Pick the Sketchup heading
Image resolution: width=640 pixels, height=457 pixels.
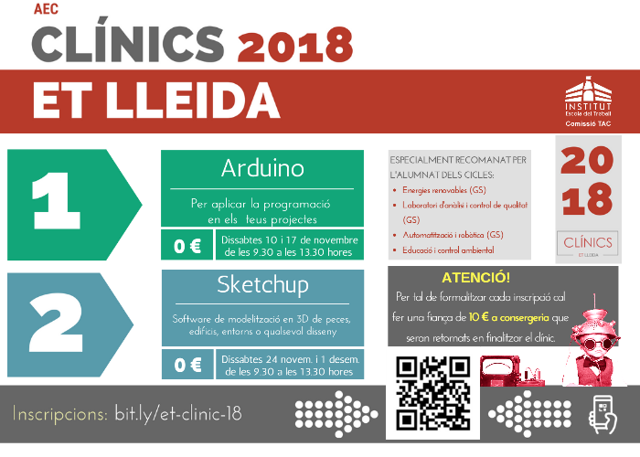(262, 285)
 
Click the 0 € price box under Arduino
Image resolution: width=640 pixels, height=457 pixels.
(188, 246)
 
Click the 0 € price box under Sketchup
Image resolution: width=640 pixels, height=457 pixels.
(188, 365)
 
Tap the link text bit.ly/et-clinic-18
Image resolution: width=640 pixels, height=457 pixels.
(178, 414)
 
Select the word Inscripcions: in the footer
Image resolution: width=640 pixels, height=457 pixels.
(60, 414)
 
